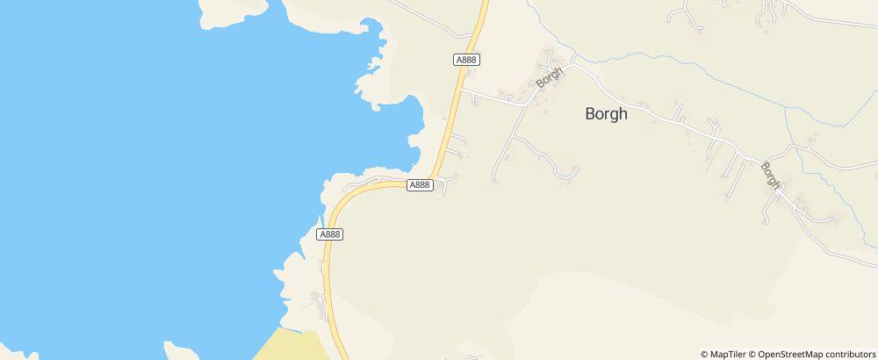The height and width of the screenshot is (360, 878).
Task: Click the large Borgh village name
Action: (607, 113)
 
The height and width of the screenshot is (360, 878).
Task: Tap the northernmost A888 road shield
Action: (466, 60)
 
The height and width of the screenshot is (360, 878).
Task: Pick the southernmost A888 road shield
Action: (329, 234)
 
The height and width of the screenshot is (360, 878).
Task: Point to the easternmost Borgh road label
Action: (771, 175)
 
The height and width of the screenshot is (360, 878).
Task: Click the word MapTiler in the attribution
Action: (729, 354)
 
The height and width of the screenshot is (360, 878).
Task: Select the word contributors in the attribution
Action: (848, 354)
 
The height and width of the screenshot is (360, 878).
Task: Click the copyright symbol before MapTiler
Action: (704, 354)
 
